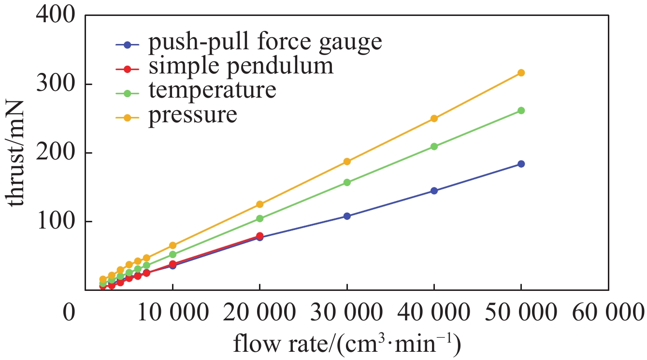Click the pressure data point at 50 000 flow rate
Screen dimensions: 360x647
point(521,73)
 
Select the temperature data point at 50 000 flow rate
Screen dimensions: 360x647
point(521,111)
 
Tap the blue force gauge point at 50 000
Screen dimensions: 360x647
point(521,164)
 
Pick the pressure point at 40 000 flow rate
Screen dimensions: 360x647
point(434,118)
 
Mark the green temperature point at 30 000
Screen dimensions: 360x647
point(346,182)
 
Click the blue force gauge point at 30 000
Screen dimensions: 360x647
point(346,216)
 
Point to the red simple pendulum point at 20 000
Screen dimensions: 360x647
point(259,236)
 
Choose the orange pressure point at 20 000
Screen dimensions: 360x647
point(259,204)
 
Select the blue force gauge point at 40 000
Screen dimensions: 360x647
point(434,191)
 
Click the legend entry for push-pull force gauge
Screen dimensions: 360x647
point(265,43)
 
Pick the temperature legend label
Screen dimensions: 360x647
point(212,90)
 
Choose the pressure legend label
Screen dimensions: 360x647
point(193,115)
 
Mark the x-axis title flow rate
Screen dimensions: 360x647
point(346,345)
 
